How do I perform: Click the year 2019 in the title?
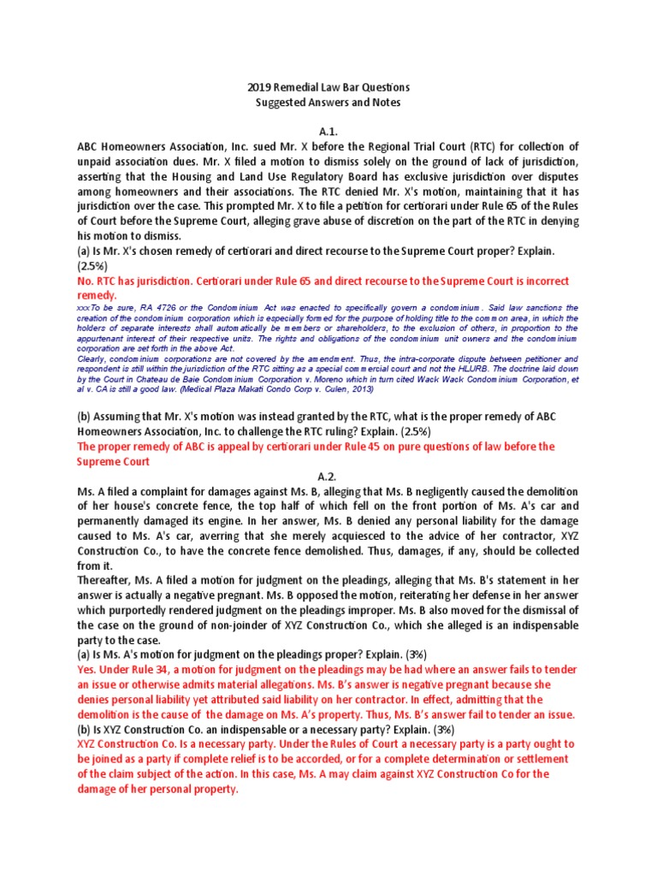click(x=261, y=87)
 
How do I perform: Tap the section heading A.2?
click(x=328, y=476)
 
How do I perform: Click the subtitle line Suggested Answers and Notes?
click(x=329, y=103)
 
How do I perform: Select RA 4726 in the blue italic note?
click(x=142, y=307)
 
